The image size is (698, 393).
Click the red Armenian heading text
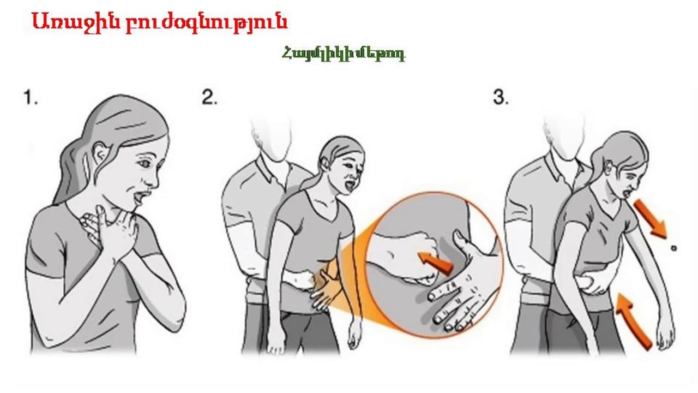tap(159, 22)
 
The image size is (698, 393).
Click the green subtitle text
tap(344, 54)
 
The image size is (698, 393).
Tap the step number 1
tap(31, 98)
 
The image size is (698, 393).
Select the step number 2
tap(209, 97)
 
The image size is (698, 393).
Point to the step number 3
tap(501, 97)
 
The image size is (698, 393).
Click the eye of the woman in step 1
tap(145, 163)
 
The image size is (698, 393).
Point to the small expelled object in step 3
tap(673, 248)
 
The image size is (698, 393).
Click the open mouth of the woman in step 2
tap(351, 186)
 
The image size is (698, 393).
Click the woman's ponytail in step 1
tap(70, 175)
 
